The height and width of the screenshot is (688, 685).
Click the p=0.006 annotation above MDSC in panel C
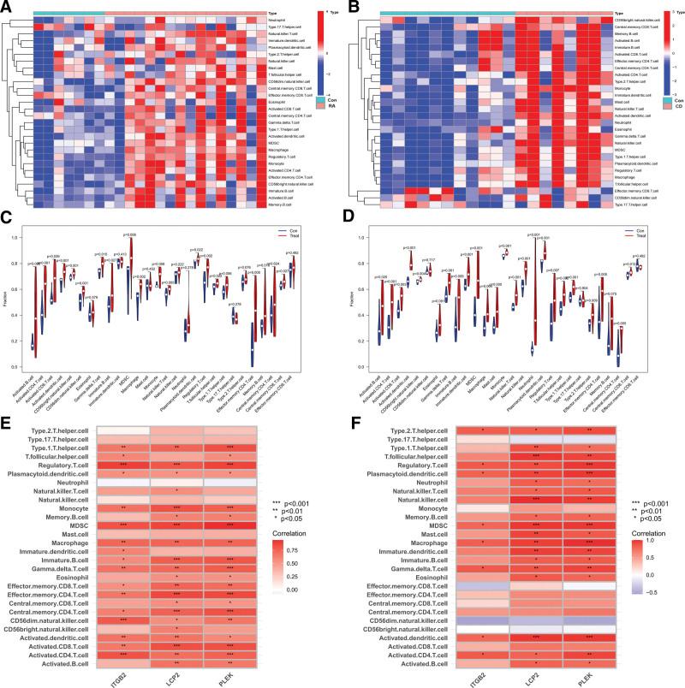click(129, 234)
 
